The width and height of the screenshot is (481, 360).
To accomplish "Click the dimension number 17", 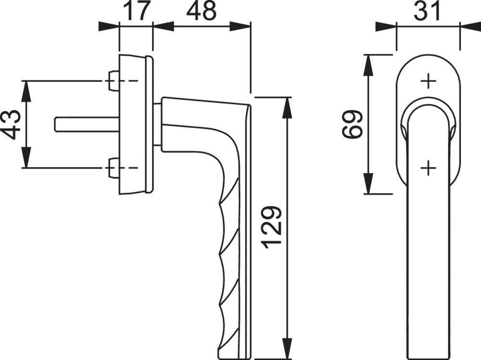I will (136, 11).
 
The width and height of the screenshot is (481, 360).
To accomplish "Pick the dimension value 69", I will (354, 124).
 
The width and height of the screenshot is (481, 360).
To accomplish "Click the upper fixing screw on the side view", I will (114, 80).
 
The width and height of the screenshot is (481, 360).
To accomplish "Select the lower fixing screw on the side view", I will (114, 168).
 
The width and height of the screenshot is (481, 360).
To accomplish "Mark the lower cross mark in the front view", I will (428, 168).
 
